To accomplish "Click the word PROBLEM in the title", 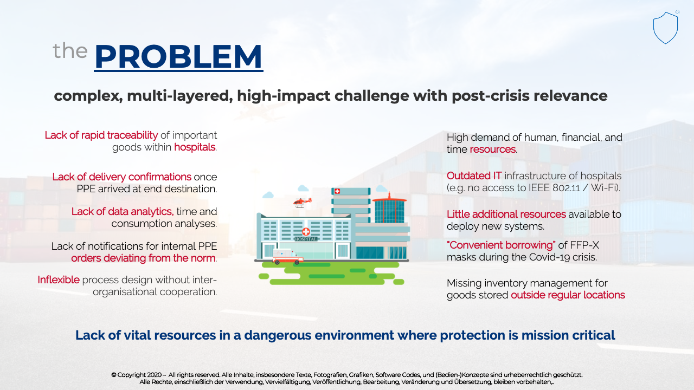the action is (x=178, y=56).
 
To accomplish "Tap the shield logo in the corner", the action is (x=665, y=28).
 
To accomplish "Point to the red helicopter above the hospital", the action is (x=302, y=203).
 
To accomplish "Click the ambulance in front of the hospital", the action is (x=287, y=257).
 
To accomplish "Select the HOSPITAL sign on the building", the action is (x=306, y=239).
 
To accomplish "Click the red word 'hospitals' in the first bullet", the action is (x=195, y=147).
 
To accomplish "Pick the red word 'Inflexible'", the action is (x=59, y=280).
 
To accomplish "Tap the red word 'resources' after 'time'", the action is (x=493, y=149).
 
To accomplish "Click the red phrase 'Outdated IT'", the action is (x=474, y=176).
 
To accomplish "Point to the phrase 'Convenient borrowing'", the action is (x=501, y=245).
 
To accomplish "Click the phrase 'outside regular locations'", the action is (x=568, y=295).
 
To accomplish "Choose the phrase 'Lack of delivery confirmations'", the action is (x=122, y=177).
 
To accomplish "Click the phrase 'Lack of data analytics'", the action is (x=122, y=211).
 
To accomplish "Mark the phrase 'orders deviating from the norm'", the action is (x=143, y=258).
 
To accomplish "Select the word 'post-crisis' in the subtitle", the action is (x=490, y=96).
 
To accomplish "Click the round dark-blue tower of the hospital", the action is (x=389, y=211).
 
